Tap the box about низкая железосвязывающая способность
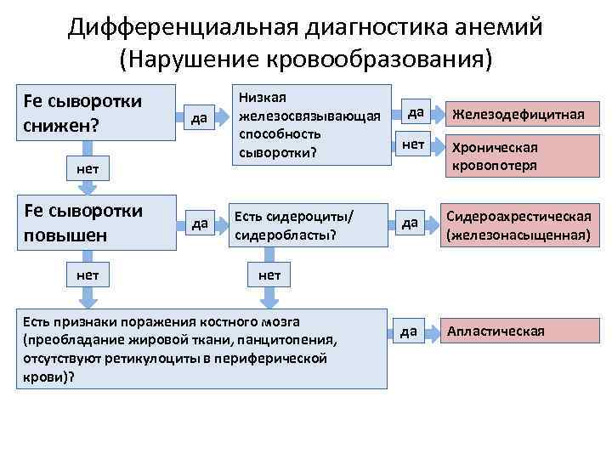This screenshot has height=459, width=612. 311,125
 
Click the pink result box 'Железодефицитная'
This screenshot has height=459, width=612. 518,114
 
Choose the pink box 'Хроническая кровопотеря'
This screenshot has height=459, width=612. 518,156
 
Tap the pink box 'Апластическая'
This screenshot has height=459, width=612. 518,331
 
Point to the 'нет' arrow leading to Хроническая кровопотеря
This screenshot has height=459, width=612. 415,146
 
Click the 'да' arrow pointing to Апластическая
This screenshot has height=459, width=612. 412,331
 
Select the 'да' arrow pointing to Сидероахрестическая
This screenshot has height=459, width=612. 412,224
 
